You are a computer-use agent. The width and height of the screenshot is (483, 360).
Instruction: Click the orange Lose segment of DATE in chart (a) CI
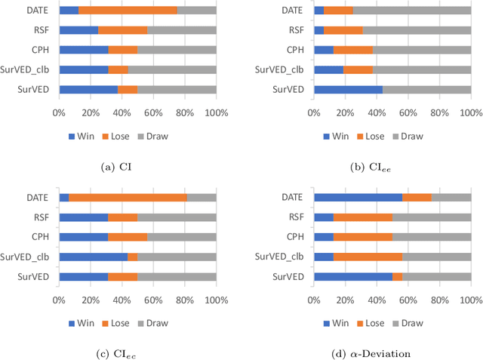[x=128, y=11]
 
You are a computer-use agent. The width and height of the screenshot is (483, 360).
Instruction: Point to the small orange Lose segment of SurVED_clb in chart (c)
[x=132, y=257]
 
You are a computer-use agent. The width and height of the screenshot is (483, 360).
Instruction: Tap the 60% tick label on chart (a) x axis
[x=153, y=112]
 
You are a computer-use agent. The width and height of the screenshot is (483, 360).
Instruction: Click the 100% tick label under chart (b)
[x=470, y=112]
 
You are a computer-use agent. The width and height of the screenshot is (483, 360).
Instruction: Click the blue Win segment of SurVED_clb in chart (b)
[x=328, y=69]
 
